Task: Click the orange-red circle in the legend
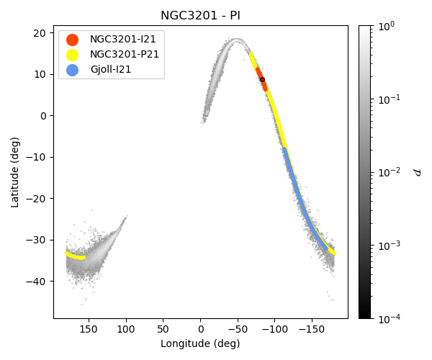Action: pos(72,39)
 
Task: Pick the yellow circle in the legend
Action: pos(72,54)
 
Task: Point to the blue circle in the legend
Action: pos(72,69)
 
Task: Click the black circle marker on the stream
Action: pos(262,79)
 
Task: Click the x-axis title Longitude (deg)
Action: pos(200,344)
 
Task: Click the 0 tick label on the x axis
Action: pos(200,329)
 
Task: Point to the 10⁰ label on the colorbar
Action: pos(389,26)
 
